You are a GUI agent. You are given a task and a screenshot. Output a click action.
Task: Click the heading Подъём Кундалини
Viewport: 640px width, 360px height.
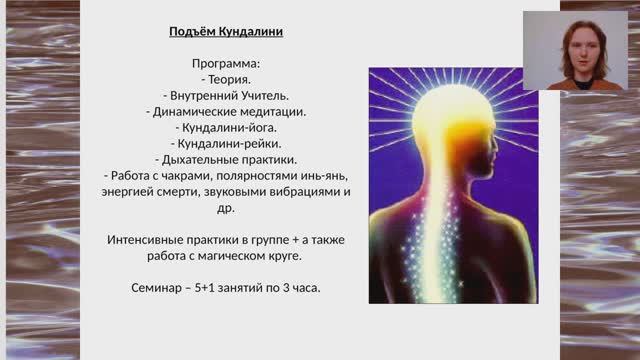(226, 32)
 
